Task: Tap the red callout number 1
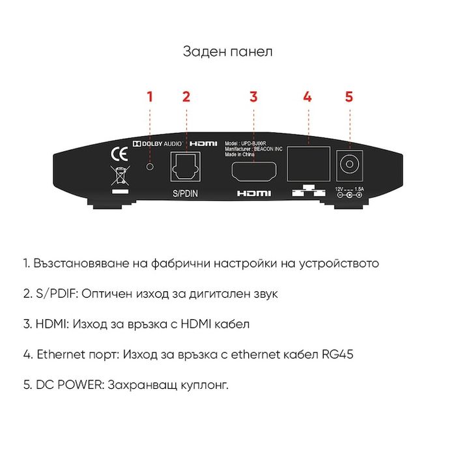(x=150, y=97)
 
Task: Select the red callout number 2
(x=186, y=97)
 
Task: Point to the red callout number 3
(x=253, y=97)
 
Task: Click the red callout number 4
(x=307, y=97)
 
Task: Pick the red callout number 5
(x=349, y=97)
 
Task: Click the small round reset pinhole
(x=150, y=167)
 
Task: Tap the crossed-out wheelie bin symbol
(x=119, y=176)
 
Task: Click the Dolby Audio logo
(x=156, y=143)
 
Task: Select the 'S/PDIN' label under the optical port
(x=187, y=193)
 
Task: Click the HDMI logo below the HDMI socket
(x=253, y=193)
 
